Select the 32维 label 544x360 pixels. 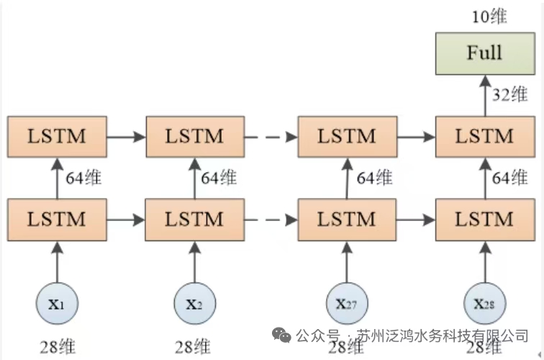point(509,94)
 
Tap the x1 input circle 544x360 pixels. point(56,303)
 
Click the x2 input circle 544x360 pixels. point(195,303)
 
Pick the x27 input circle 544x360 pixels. point(346,303)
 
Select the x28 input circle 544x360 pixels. point(484,303)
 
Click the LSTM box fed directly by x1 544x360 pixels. point(56,219)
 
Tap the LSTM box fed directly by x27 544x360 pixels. point(347,219)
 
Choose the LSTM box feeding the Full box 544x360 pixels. point(484,136)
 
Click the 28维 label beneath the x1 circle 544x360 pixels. point(56,346)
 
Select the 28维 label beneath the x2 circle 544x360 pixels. point(194,346)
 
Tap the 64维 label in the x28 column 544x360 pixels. point(509,177)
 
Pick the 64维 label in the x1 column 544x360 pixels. point(81,177)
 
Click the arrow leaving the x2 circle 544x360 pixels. point(195,261)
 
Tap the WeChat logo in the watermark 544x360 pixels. point(281,335)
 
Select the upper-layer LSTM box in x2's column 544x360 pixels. point(195,136)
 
